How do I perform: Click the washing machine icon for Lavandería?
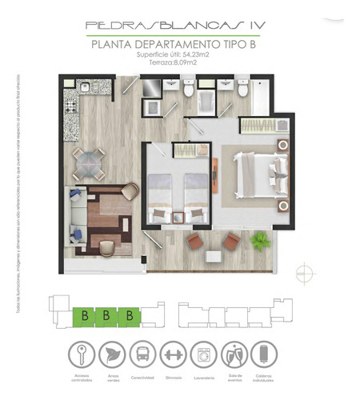pyautogui.click(x=201, y=354)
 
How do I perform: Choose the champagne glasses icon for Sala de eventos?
pyautogui.click(x=234, y=354)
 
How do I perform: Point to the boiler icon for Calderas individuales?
pyautogui.click(x=263, y=354)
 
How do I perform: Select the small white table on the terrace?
pyautogui.click(x=214, y=256)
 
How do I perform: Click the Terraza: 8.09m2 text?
pyautogui.click(x=178, y=63)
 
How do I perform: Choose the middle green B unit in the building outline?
pyautogui.click(x=105, y=316)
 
